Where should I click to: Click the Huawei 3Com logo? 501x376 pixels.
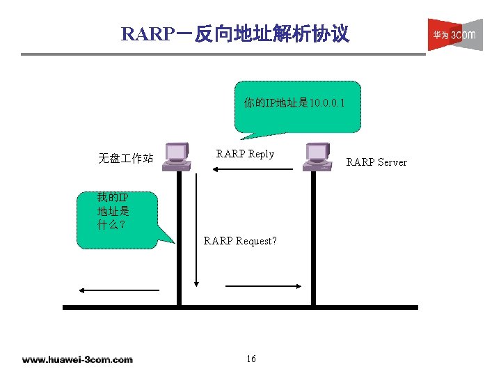coord(454,35)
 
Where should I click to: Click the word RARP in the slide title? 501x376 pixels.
coord(145,33)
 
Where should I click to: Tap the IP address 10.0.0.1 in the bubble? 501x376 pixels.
coord(328,104)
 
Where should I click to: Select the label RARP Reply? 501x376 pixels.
coord(245,154)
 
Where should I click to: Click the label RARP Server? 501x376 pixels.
coord(376,162)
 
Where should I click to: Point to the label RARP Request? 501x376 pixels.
coord(240,241)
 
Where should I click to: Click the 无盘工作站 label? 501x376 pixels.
coord(125,159)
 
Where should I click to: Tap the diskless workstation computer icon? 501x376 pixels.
coord(175,156)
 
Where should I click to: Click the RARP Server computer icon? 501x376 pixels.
coord(317,156)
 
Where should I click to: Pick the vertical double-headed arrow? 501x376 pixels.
coord(197,230)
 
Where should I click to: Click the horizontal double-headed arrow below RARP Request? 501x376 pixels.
coord(262,285)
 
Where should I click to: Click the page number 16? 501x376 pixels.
coord(251,359)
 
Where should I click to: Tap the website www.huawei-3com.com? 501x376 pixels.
coord(77,359)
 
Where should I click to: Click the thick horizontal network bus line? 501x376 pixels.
coord(240,306)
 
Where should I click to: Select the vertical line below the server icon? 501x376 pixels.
coord(313,237)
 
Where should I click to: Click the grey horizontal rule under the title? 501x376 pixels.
coord(222,54)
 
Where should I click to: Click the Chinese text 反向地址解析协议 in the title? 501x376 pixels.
coord(271,33)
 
